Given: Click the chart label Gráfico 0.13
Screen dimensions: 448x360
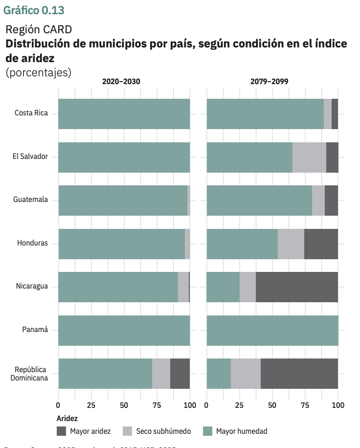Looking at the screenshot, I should pos(34,10).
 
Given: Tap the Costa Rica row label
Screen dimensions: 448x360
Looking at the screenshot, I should pos(31,113).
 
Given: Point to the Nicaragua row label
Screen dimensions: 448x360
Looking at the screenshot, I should pos(32,286).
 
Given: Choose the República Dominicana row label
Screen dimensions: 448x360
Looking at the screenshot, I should pos(31,373).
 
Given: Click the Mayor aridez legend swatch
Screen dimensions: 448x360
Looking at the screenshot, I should pos(61,431).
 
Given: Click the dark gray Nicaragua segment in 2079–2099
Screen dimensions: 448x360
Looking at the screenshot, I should pos(296,287).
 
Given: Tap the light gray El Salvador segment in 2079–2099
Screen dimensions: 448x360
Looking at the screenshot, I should pos(309,157).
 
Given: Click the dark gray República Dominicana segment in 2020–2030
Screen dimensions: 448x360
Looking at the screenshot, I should pos(180,373).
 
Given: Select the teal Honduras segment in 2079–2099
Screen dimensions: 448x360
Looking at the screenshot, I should pos(242,244).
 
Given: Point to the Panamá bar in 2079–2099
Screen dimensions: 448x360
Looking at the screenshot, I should pos(272,330).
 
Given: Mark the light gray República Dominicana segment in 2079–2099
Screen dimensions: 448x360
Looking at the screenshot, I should pos(246,373).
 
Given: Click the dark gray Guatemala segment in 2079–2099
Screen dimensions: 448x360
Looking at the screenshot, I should pos(331,200).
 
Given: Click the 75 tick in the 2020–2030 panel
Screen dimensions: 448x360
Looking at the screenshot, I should pos(157,405).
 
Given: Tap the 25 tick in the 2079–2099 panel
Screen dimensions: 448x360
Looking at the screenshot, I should pos(239,405).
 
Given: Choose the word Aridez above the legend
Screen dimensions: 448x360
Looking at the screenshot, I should pos(67,419).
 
